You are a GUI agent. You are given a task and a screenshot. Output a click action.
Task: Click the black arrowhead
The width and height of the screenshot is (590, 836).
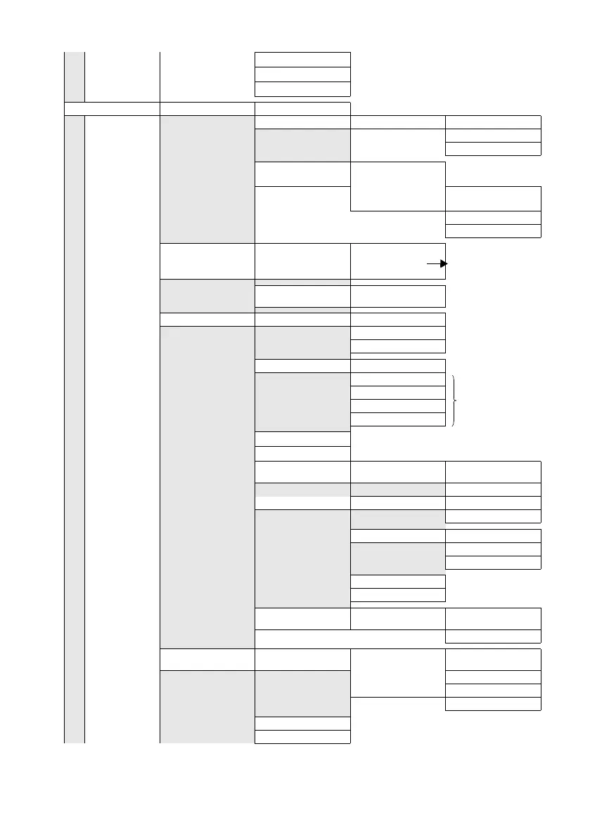444,263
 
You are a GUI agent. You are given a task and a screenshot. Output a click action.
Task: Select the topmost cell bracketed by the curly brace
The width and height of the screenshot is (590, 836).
398,379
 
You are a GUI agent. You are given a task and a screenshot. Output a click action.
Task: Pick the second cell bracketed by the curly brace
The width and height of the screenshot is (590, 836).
398,393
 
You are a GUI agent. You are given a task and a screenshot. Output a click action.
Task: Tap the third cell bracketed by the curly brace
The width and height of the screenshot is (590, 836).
398,406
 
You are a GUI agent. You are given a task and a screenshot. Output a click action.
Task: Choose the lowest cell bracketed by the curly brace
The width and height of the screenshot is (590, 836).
398,419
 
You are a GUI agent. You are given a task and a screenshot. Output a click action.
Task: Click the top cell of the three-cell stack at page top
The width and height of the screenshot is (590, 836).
302,59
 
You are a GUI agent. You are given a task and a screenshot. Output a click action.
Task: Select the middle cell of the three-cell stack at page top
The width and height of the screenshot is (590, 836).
302,74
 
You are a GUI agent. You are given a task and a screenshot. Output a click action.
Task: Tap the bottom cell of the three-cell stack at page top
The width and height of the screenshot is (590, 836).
302,89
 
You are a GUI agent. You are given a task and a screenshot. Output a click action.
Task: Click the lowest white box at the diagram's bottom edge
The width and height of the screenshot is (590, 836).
302,736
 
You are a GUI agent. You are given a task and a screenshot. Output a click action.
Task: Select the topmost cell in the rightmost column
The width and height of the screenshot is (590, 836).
494,122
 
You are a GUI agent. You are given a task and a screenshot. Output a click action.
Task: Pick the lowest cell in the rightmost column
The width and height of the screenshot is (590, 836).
494,703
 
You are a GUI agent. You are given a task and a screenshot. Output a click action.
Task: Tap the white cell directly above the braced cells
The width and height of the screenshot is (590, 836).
398,365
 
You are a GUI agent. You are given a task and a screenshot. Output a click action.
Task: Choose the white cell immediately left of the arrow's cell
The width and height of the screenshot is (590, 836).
302,260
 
